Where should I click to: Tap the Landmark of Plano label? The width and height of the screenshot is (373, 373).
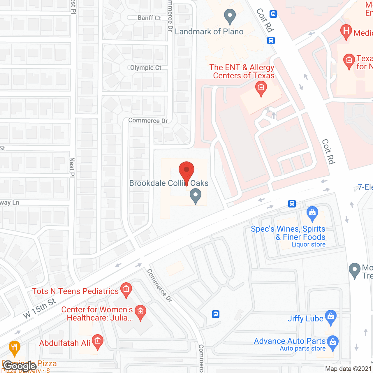(209, 31)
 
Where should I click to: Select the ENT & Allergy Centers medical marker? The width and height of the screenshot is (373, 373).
(261, 88)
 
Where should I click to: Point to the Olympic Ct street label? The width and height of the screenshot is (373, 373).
(145, 68)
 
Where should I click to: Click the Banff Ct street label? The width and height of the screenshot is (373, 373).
(149, 18)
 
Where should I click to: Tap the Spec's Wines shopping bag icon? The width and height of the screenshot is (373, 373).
(312, 213)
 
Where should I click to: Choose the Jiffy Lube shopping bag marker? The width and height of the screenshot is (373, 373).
(330, 317)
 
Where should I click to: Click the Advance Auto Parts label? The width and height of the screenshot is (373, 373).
(290, 341)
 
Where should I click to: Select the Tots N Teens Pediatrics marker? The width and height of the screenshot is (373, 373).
(126, 290)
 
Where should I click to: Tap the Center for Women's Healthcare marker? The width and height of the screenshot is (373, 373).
(140, 312)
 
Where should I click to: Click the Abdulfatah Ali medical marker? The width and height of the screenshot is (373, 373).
(97, 342)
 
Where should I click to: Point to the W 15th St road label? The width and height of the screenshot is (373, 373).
(39, 308)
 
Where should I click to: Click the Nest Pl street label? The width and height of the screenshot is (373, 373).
(72, 167)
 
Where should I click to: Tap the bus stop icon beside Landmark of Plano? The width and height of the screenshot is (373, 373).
(271, 40)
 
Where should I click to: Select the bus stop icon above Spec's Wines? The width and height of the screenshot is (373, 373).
(292, 203)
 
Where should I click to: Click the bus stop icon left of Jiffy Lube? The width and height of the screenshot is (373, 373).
(216, 314)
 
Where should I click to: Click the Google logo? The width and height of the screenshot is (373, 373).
(20, 366)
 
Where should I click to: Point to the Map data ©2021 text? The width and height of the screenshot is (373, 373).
(349, 369)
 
